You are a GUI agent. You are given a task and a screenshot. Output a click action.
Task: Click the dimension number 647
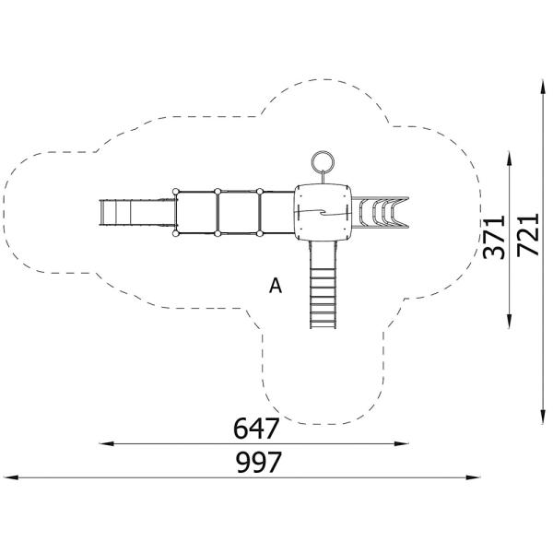256,429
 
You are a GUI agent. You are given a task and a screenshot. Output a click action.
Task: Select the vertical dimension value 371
495,237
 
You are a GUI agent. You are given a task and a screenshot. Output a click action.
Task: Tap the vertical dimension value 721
527,237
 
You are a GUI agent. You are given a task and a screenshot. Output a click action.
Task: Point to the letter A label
275,287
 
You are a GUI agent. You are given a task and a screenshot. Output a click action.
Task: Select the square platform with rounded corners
322,212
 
